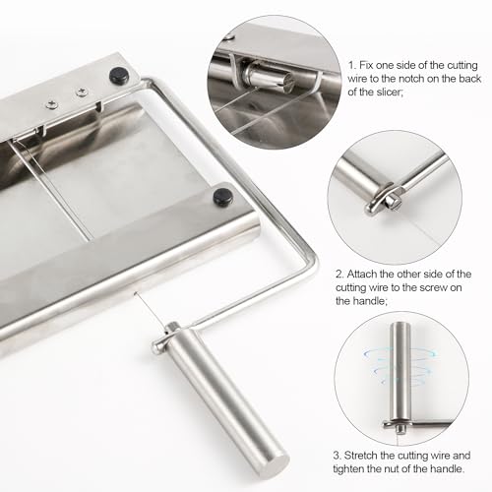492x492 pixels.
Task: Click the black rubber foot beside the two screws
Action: [119, 77]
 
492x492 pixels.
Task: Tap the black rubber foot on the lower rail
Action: [222, 197]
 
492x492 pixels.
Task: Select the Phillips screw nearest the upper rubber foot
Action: [82, 92]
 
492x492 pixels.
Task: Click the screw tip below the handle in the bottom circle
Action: [400, 429]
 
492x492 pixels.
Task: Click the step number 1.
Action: [352, 65]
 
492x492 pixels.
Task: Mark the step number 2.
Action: [339, 274]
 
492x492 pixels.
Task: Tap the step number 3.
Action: [338, 456]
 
